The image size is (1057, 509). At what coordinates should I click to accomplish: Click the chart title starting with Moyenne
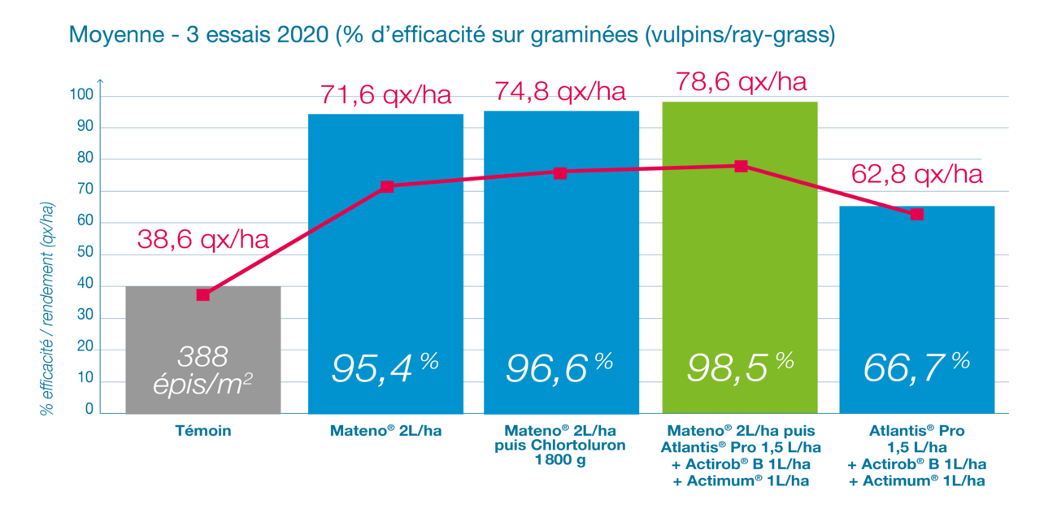pos(452,37)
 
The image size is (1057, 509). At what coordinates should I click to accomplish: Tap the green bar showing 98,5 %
pos(740,260)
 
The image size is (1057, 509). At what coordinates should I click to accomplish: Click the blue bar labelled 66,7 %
pos(916,309)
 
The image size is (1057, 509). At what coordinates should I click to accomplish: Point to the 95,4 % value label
pos(385,368)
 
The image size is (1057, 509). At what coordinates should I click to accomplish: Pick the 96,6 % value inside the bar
pos(560,368)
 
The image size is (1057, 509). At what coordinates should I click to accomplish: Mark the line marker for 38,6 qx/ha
pos(203,294)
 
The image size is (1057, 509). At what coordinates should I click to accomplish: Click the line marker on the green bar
pos(741,166)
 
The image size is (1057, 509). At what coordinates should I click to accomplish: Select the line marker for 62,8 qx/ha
pos(916,214)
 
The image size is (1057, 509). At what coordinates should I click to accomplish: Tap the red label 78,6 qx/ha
pos(741,82)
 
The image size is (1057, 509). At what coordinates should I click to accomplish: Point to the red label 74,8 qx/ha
pos(560,93)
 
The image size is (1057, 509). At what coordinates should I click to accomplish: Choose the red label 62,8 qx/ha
pos(916,174)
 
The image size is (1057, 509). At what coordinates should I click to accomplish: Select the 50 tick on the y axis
pos(86,254)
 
